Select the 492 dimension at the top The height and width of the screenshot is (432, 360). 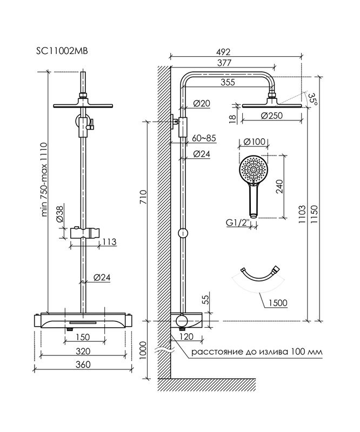point(223,52)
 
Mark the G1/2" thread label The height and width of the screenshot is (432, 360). point(238,221)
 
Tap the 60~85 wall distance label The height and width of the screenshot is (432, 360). point(204,138)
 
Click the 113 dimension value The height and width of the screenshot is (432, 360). point(109,241)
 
